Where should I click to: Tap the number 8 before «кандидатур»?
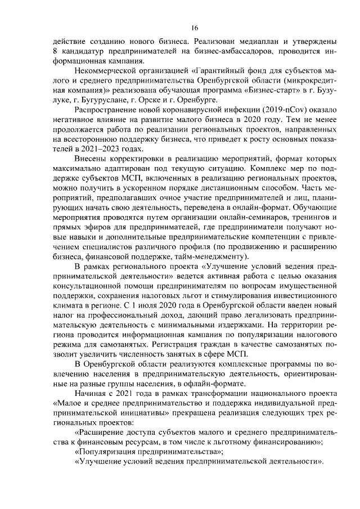coord(55,52)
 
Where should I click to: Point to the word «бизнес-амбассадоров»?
coord(246,52)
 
